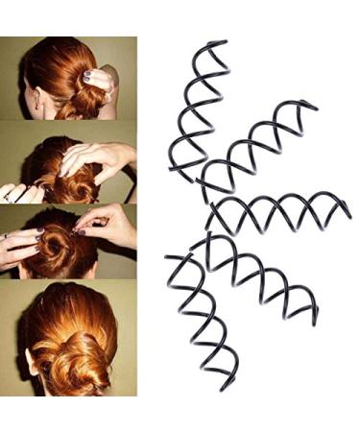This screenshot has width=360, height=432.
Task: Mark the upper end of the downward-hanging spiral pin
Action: point(170,257)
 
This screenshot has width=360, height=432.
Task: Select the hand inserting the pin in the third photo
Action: point(110,226)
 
